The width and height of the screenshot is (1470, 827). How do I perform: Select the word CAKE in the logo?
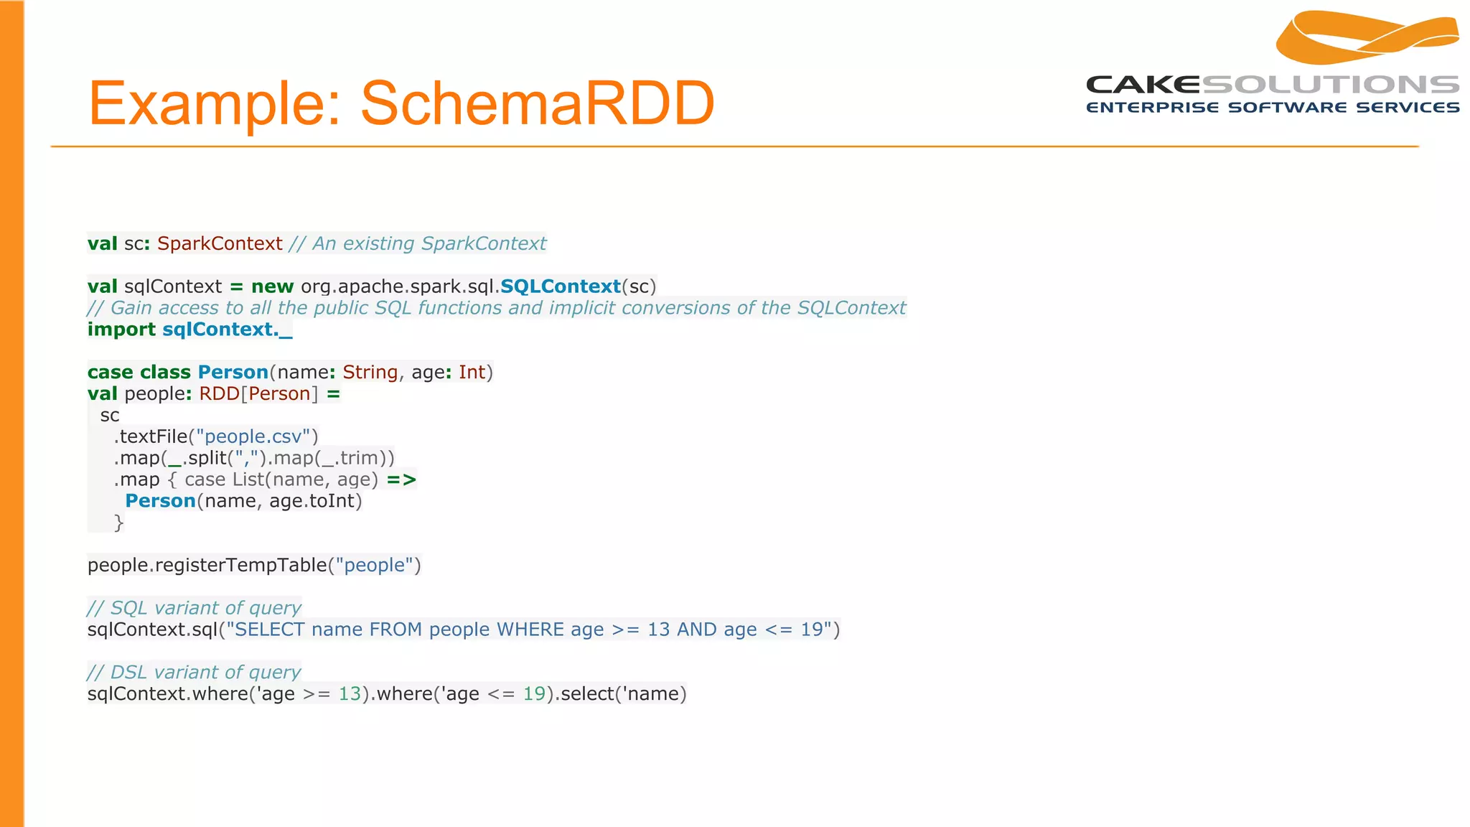1143,85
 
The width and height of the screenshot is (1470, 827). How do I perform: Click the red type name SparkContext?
220,243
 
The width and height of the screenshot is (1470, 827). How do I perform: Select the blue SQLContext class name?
560,286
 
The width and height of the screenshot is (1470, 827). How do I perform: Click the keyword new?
272,286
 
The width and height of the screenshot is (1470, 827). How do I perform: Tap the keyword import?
121,330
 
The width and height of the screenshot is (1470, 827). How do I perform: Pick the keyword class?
165,372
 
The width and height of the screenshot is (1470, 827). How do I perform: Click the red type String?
370,372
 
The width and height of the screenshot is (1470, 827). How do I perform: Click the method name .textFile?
151,436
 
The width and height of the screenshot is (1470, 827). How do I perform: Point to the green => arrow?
401,480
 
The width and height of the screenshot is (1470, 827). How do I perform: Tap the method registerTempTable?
240,565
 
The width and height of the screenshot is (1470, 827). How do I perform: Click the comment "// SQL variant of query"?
194,608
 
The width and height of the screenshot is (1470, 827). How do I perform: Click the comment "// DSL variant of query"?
194,672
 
